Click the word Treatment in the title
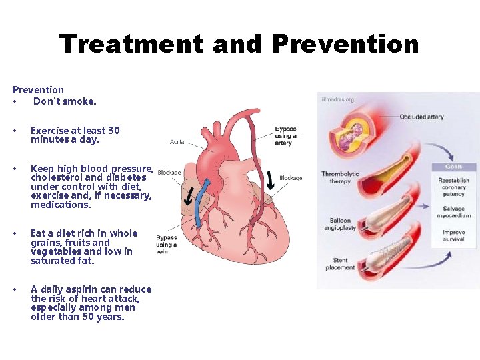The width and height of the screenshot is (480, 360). click(x=131, y=45)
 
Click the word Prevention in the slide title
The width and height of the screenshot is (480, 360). click(x=345, y=45)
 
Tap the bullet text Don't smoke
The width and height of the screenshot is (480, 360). click(x=65, y=101)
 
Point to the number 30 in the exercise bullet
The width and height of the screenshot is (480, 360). click(x=114, y=131)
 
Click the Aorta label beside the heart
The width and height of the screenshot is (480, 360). click(x=177, y=142)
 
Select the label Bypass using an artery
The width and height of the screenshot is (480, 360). click(x=287, y=136)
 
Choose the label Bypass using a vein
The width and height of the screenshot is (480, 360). click(x=166, y=245)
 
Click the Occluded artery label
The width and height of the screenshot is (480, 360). click(x=421, y=117)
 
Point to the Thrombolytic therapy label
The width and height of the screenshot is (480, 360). click(x=340, y=177)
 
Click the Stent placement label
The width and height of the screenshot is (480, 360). click(x=340, y=264)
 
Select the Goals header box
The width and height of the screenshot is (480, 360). click(x=454, y=167)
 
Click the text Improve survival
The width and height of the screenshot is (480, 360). click(x=453, y=235)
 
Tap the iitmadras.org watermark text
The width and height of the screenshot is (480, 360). click(x=338, y=99)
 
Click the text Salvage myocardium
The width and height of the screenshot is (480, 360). click(x=453, y=212)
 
